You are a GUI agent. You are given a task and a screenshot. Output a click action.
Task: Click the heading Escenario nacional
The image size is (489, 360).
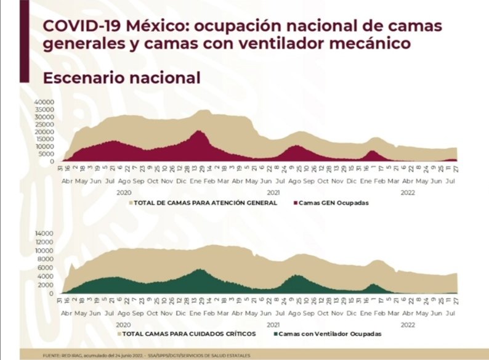121,78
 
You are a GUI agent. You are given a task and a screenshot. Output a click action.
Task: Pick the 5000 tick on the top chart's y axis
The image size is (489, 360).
48,154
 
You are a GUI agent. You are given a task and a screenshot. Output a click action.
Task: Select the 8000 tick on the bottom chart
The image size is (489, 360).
48,259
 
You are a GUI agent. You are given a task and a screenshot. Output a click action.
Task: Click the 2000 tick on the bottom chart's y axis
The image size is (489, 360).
48,285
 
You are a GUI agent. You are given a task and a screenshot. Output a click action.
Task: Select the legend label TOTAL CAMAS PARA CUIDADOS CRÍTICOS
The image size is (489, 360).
194,333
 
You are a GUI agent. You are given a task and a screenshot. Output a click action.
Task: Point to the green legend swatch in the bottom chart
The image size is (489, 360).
274,333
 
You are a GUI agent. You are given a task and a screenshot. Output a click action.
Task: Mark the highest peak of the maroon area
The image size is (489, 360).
198,131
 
